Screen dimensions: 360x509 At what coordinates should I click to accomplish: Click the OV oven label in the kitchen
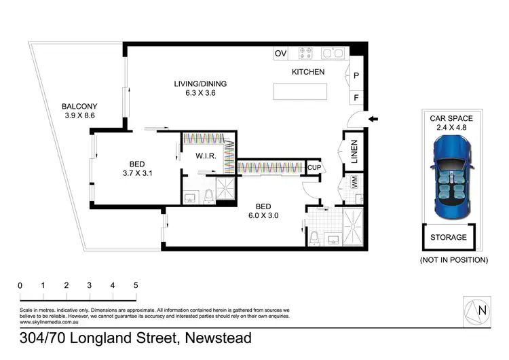(280, 53)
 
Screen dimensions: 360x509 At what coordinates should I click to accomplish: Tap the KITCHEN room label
(308, 72)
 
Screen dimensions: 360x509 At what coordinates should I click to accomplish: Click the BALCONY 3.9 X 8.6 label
(80, 111)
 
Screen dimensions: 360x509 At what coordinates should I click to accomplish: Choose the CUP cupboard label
(314, 167)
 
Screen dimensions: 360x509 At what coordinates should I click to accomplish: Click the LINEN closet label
(354, 153)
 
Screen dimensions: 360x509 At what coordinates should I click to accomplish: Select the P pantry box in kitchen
(356, 75)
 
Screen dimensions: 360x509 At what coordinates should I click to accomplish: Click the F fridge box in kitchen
(356, 97)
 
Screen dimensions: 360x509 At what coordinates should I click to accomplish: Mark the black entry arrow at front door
(373, 120)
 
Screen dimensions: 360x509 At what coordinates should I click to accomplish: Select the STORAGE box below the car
(449, 238)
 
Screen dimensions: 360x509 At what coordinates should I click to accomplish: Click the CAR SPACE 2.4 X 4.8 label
(451, 122)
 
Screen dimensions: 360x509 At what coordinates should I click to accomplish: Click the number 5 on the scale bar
(136, 286)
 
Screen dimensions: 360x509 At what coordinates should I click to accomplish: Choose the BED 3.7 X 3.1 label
(136, 168)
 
